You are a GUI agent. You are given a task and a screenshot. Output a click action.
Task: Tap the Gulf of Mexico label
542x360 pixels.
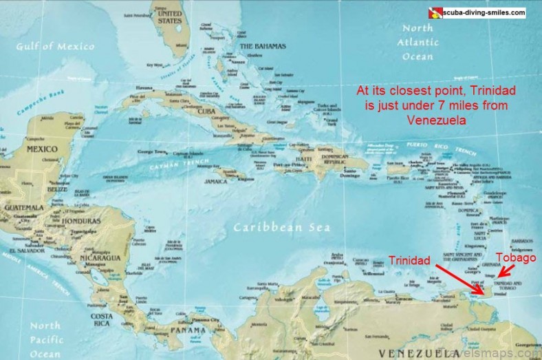(x=56, y=46)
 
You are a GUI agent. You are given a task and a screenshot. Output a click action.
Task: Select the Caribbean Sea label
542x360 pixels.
(x=281, y=227)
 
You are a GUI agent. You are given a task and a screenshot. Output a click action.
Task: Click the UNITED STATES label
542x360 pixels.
(x=170, y=17)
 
